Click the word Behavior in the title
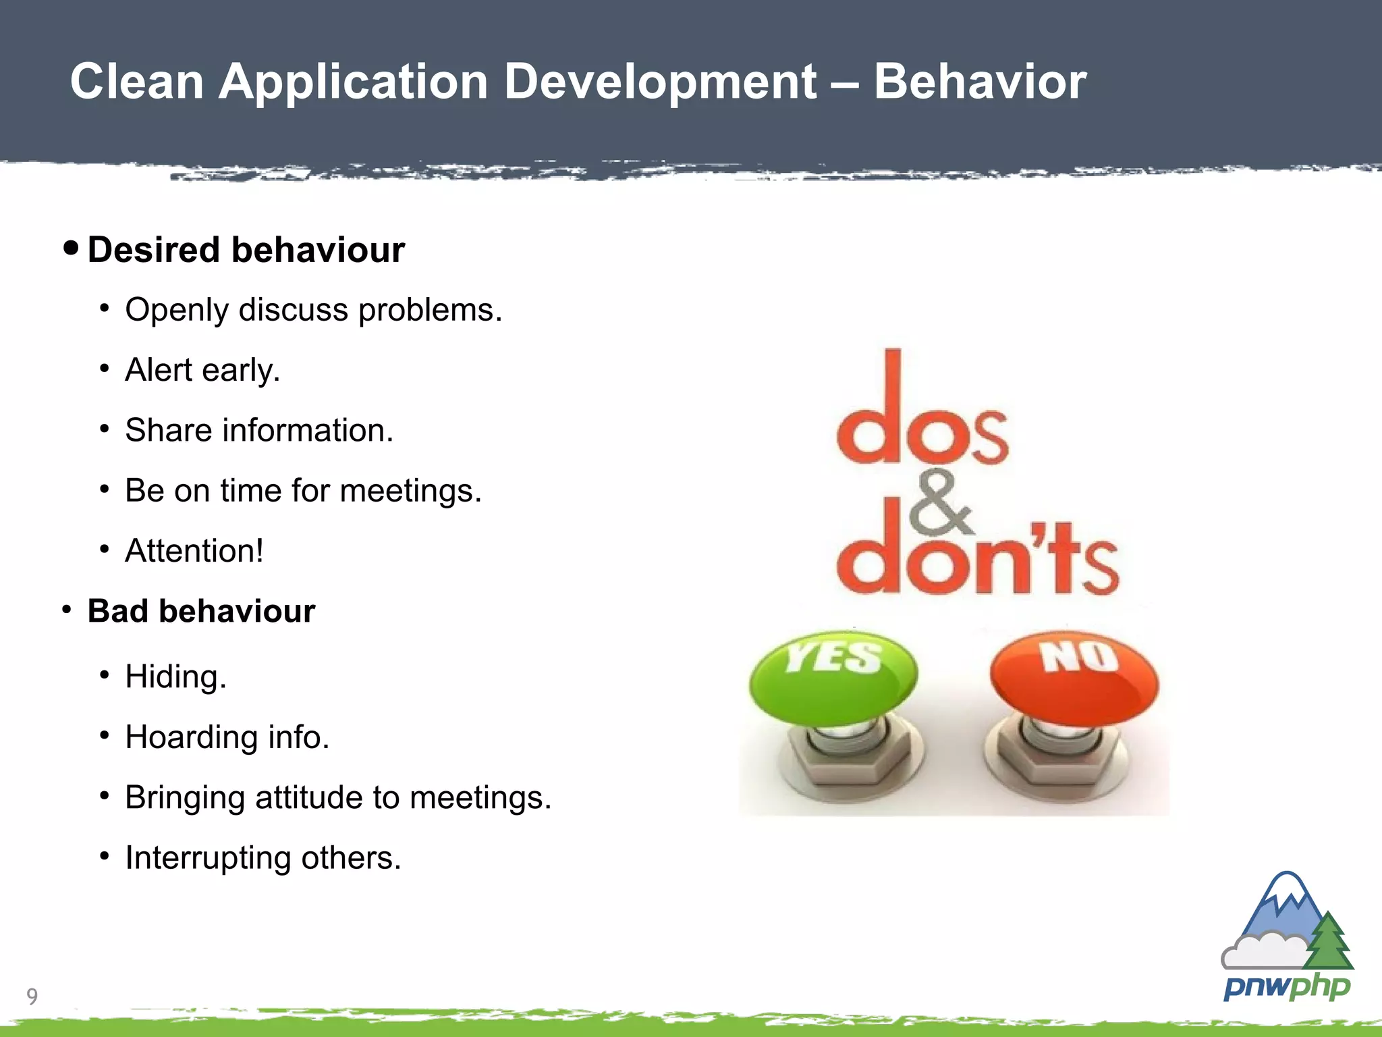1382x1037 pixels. click(980, 82)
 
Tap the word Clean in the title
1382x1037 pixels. click(137, 82)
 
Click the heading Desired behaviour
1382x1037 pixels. click(246, 250)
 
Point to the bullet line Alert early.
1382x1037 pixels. click(202, 370)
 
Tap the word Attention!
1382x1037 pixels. click(194, 550)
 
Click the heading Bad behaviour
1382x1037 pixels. click(201, 611)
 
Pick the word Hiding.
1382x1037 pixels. click(175, 677)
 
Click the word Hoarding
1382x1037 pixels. click(192, 737)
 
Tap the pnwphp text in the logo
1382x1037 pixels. click(1286, 986)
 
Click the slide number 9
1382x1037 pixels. click(32, 996)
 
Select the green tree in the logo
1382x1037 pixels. click(1328, 942)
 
